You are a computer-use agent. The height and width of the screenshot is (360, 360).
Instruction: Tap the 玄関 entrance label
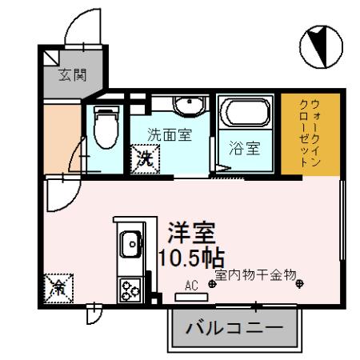(x=72, y=75)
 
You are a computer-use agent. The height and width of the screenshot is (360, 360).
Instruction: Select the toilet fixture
(x=105, y=126)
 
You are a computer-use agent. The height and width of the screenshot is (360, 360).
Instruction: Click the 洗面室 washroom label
(x=169, y=134)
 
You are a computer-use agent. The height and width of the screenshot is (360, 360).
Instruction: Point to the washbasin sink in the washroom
(x=188, y=106)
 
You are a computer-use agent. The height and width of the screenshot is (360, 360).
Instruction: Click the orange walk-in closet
(x=311, y=134)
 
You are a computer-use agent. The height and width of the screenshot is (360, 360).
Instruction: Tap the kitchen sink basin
(x=130, y=242)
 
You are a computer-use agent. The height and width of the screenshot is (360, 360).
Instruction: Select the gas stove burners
(x=129, y=289)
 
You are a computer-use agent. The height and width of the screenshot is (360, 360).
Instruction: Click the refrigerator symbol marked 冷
(x=58, y=286)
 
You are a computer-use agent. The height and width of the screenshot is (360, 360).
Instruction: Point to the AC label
(x=191, y=285)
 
